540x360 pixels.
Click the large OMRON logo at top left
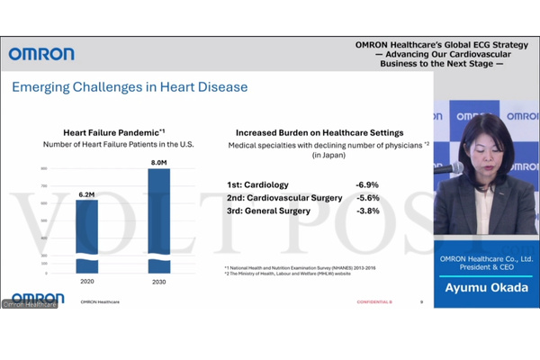coord(42,54)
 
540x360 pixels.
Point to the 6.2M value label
coord(87,193)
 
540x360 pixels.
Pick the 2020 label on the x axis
coord(87,283)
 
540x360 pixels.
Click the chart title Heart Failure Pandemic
coord(112,132)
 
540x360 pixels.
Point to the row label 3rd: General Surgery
coord(269,211)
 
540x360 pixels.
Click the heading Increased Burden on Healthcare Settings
coord(319,132)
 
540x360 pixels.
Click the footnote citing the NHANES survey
coord(300,268)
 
